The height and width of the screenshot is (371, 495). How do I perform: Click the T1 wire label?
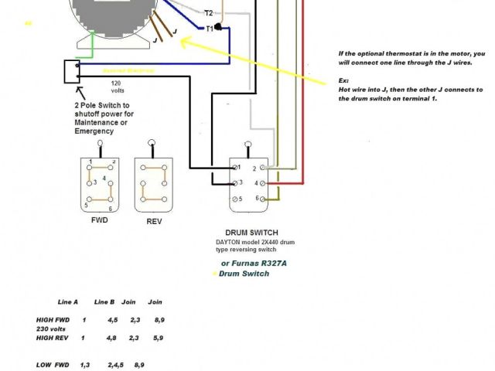209,28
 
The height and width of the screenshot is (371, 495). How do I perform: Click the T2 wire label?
208,13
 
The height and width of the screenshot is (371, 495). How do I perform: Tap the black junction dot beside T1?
219,28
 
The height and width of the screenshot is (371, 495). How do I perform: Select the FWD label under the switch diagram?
99,220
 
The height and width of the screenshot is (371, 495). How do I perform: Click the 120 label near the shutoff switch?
117,82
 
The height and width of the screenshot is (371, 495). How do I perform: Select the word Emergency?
94,131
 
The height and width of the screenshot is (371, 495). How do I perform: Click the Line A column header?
68,301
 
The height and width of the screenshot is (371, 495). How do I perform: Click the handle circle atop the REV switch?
152,143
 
